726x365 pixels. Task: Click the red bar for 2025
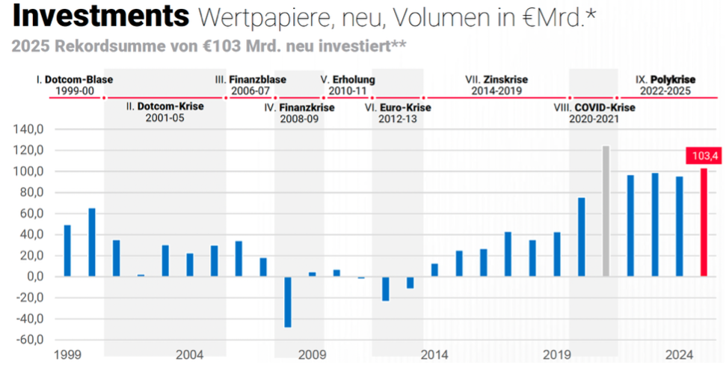point(703,222)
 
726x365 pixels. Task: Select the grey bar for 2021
point(606,211)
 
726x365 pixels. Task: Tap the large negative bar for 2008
point(288,301)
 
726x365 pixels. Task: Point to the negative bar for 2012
point(386,289)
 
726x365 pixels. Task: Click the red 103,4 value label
point(702,156)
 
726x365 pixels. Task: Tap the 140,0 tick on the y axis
point(30,129)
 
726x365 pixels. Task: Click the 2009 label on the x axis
point(312,355)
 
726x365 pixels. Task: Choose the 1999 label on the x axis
point(67,355)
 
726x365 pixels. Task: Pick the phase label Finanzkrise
point(307,107)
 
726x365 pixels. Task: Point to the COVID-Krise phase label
point(605,107)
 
